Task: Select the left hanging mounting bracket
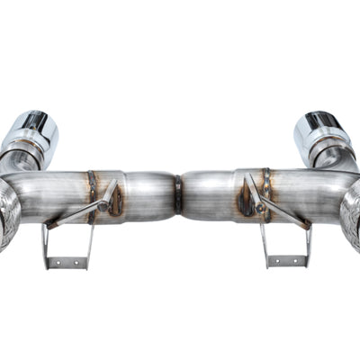click(x=67, y=243)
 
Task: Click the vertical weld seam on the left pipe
click(x=92, y=193)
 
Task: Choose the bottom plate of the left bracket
click(x=67, y=263)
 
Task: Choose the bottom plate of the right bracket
click(x=288, y=261)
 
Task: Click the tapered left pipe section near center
click(x=153, y=196)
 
